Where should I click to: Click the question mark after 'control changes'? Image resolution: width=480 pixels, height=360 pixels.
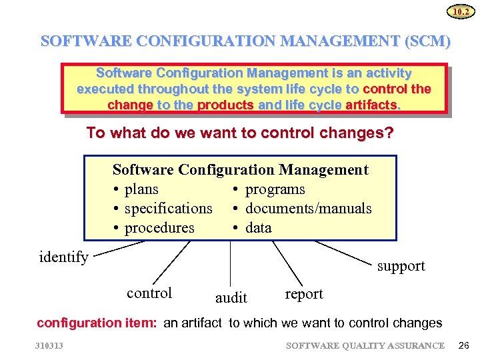tap(389, 133)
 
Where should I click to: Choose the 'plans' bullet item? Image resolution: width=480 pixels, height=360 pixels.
tap(141, 189)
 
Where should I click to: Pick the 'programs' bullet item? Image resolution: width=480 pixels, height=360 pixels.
tap(274, 189)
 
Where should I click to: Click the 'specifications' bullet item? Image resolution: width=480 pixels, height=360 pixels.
tap(167, 209)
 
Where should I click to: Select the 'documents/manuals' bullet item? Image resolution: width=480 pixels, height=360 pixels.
tap(307, 209)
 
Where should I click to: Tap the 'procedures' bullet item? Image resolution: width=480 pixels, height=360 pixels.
tap(159, 228)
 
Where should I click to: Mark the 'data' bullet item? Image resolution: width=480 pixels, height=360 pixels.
tap(258, 228)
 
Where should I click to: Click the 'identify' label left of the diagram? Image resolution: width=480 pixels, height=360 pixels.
tap(64, 257)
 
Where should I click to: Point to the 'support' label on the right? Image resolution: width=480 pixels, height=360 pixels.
tap(401, 266)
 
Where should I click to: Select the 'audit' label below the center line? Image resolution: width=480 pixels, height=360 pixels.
tap(231, 297)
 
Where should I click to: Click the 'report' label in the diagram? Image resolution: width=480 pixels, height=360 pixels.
tap(303, 294)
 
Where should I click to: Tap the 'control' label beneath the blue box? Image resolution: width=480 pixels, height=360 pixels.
tap(149, 293)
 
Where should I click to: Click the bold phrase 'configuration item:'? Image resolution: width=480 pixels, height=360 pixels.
tap(97, 323)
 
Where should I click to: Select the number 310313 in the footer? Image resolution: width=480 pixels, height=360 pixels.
tap(51, 345)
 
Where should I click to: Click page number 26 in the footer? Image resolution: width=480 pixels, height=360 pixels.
tap(465, 345)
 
